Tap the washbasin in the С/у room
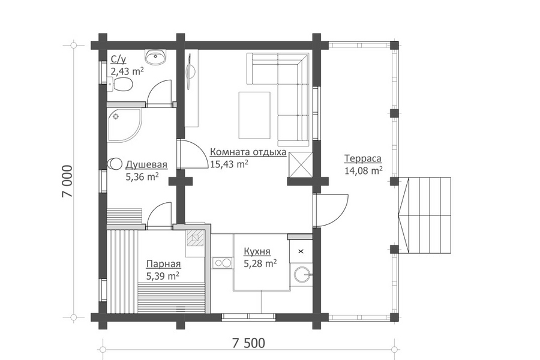[x=155, y=56]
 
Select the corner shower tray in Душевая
[x=124, y=125]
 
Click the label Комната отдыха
[x=248, y=152]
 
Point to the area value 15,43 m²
[x=229, y=164]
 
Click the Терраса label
[x=362, y=158]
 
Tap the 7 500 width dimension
[x=248, y=343]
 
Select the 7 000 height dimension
[x=67, y=181]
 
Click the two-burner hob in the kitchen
[x=222, y=263]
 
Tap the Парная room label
[x=164, y=264]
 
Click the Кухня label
[x=257, y=251]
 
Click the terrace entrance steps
[x=425, y=215]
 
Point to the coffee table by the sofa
[x=254, y=115]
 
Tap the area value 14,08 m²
[x=364, y=170]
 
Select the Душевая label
[x=146, y=164]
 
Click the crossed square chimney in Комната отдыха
[x=301, y=165]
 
